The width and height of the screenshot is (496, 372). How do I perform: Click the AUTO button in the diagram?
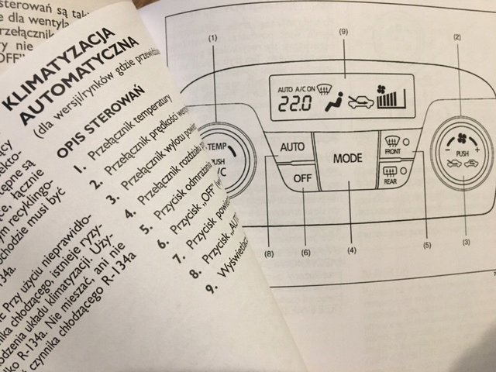click(291, 146)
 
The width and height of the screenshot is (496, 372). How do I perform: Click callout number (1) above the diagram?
click(212, 37)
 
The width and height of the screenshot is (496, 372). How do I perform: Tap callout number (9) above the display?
click(343, 31)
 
